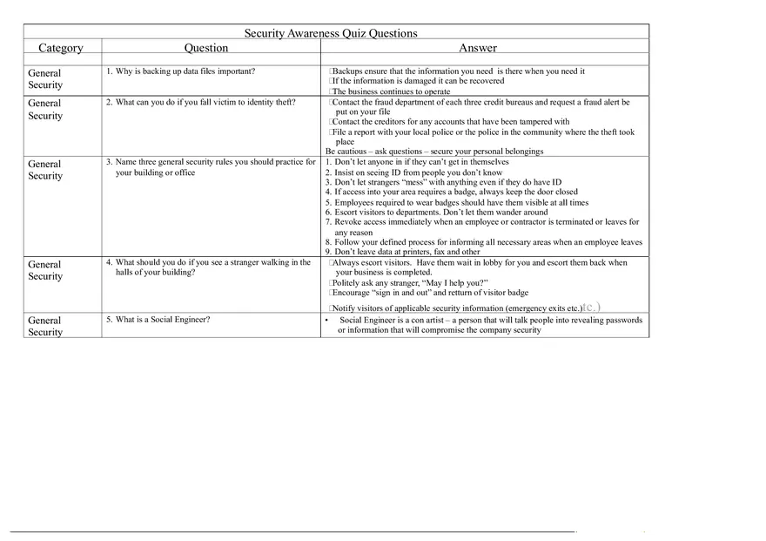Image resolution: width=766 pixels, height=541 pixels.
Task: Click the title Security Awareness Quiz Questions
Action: click(x=330, y=34)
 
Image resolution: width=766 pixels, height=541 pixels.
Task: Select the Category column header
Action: click(x=61, y=48)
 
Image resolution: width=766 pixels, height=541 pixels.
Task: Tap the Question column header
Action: click(x=206, y=48)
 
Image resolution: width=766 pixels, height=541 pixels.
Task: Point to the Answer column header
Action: click(x=478, y=48)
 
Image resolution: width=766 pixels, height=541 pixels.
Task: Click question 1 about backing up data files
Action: click(x=180, y=71)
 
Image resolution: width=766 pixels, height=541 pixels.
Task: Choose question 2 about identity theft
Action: click(x=200, y=102)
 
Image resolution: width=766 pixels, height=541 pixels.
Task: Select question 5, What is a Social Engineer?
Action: click(x=158, y=319)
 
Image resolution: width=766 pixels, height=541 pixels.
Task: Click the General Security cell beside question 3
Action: click(x=45, y=170)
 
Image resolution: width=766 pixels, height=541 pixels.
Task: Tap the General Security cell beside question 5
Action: click(x=45, y=326)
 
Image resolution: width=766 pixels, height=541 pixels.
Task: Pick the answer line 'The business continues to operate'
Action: click(x=391, y=91)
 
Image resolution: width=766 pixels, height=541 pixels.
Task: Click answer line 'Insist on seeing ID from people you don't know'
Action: click(x=418, y=172)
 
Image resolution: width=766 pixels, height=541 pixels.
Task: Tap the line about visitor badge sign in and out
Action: click(x=430, y=293)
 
